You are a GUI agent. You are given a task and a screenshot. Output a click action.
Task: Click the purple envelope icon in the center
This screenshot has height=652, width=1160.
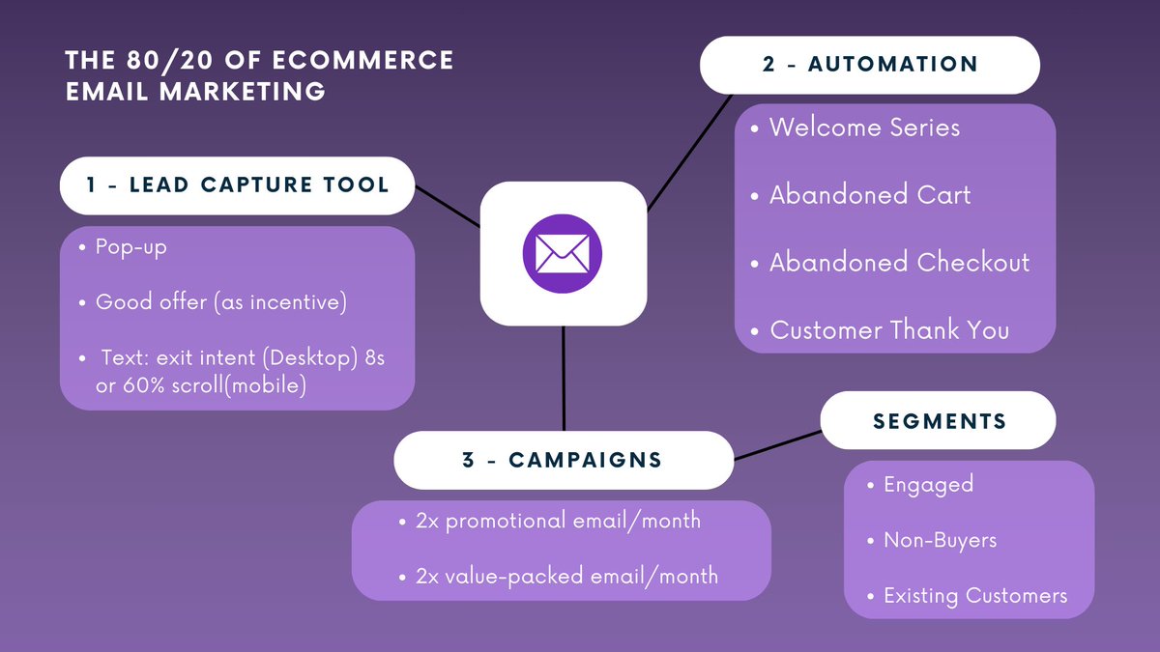coord(563,254)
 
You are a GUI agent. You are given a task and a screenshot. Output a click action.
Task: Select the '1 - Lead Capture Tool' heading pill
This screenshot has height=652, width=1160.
coord(237,184)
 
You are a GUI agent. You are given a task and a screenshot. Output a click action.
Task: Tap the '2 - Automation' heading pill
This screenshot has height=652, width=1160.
coord(869,65)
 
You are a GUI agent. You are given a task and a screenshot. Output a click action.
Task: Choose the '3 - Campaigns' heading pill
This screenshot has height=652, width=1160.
coord(563,460)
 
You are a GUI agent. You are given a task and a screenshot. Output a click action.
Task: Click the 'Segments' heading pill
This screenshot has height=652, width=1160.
coord(939,421)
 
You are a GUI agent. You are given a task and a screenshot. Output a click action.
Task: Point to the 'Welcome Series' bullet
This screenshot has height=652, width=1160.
coord(864,128)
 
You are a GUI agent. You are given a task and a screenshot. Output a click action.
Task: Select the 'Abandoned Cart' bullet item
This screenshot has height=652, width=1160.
coord(870,195)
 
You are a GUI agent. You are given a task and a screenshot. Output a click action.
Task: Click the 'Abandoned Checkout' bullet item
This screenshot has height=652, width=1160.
coord(899,263)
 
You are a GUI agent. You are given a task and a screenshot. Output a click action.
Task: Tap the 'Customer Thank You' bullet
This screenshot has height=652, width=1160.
coord(888,330)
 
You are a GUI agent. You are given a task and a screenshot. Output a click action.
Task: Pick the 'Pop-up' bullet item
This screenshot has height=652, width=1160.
coord(130,247)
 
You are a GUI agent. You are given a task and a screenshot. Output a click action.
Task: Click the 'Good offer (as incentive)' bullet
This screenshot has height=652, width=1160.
coord(220,302)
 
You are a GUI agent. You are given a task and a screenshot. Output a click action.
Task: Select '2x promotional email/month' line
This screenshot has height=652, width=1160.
coord(558,521)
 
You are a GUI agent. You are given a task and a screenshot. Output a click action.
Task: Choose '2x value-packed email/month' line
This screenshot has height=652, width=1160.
coord(566,577)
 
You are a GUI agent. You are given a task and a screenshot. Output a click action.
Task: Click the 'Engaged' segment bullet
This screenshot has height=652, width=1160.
coord(928,485)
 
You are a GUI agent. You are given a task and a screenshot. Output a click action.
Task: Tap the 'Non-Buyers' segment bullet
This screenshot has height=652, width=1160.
coord(940,540)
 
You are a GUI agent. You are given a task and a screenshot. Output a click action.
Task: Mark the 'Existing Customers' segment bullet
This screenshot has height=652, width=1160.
coord(974,596)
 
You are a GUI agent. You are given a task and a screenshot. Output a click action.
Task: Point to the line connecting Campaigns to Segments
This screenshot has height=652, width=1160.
coord(778,445)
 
